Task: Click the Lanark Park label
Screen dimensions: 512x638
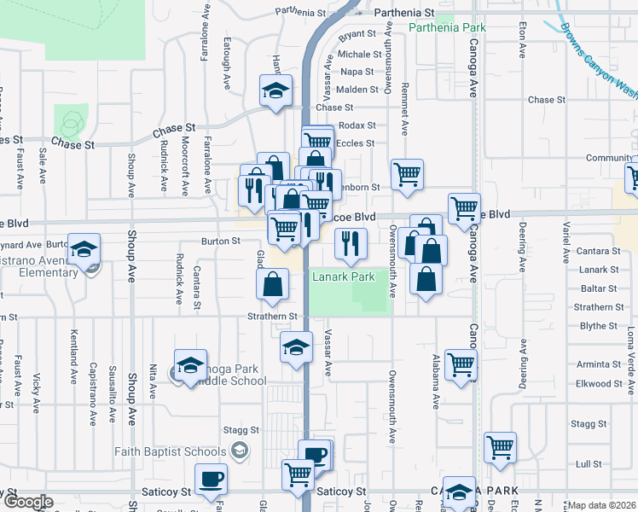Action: click(344, 277)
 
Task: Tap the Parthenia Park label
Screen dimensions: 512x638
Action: click(446, 27)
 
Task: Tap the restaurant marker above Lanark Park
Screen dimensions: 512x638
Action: click(351, 245)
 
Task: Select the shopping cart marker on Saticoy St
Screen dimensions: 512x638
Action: click(299, 474)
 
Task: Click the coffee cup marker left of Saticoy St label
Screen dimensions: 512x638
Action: click(211, 480)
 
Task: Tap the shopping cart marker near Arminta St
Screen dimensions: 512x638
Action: click(461, 364)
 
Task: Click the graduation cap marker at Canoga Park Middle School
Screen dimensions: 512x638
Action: click(191, 365)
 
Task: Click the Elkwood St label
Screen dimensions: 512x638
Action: click(594, 384)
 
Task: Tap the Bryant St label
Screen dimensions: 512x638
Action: click(357, 35)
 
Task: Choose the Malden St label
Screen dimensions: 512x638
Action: click(357, 90)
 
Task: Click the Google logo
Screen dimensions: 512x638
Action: click(27, 503)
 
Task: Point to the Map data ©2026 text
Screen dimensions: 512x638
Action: click(602, 505)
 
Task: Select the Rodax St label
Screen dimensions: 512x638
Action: click(357, 125)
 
